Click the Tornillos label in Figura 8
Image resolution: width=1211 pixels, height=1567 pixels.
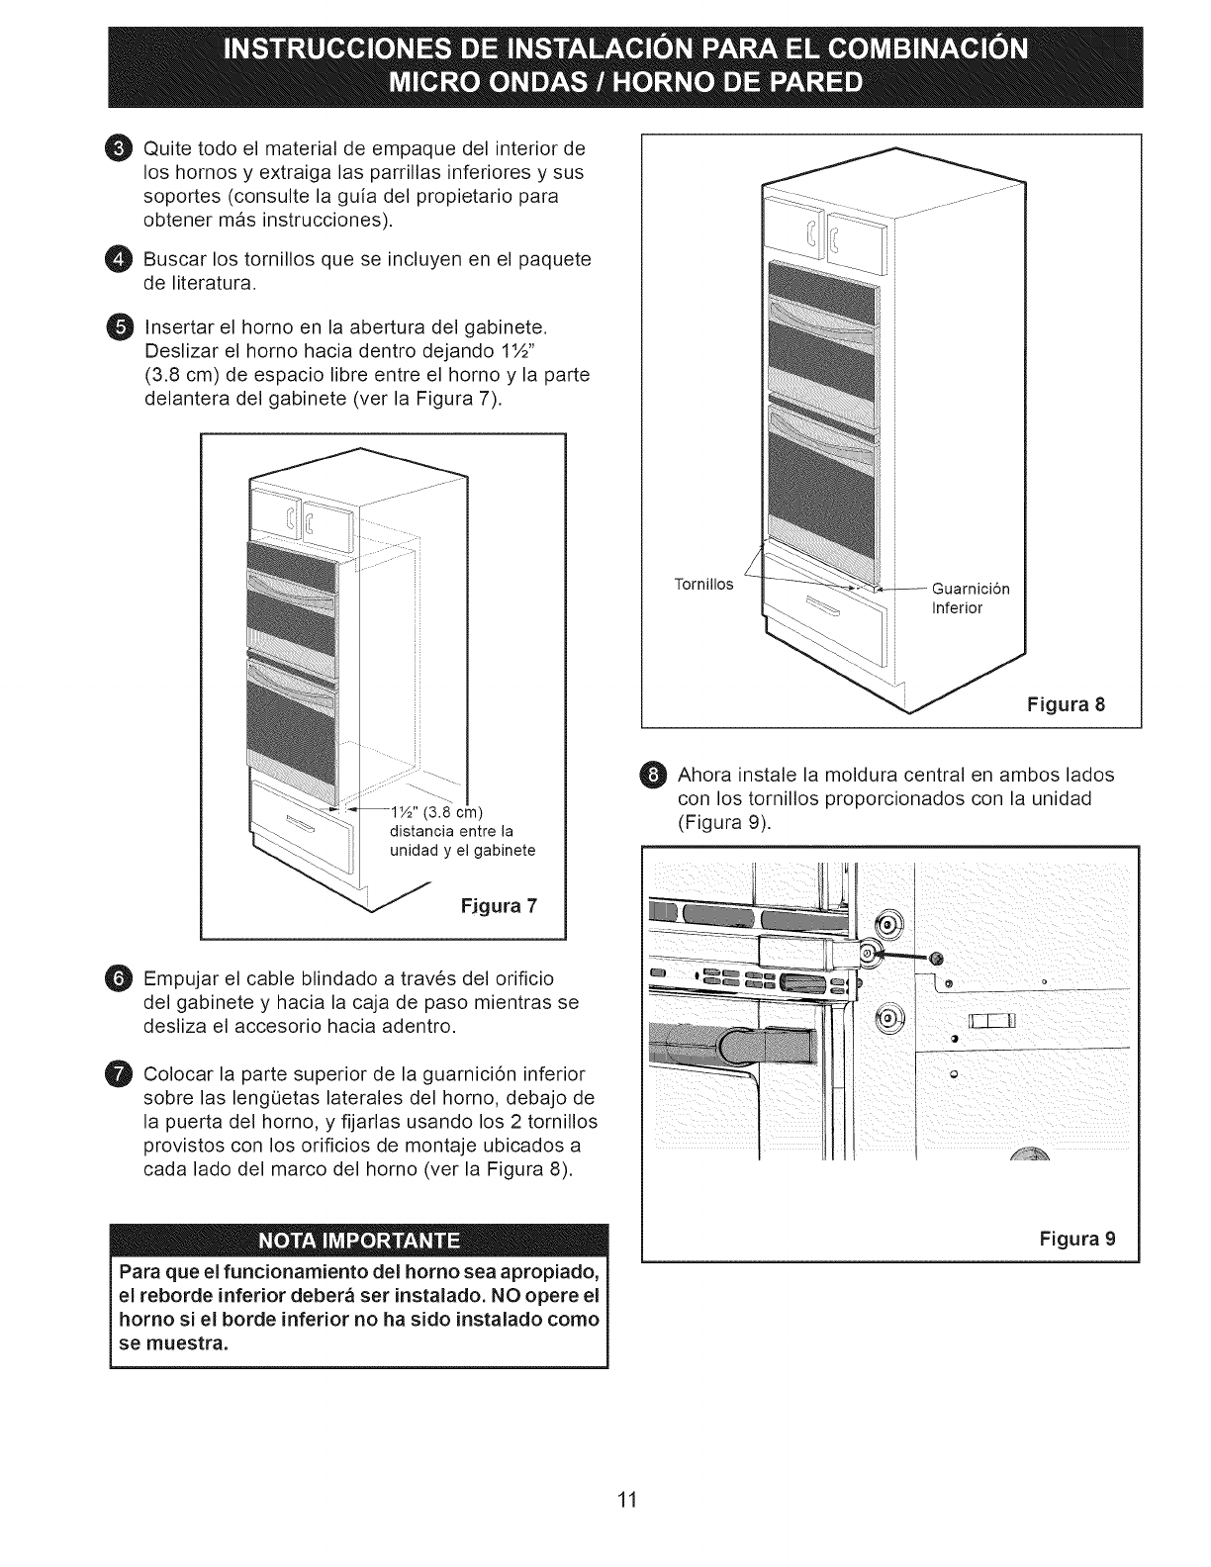tap(703, 585)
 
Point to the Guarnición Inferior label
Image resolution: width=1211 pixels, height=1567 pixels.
tap(970, 599)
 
